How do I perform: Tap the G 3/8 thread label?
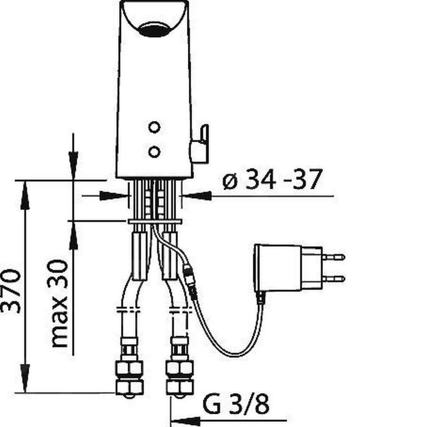pyautogui.click(x=236, y=404)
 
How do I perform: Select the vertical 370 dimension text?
pyautogui.click(x=10, y=291)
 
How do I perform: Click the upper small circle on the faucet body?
pyautogui.click(x=154, y=127)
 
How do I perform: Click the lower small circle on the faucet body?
pyautogui.click(x=154, y=152)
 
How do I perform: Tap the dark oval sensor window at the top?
pyautogui.click(x=154, y=29)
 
